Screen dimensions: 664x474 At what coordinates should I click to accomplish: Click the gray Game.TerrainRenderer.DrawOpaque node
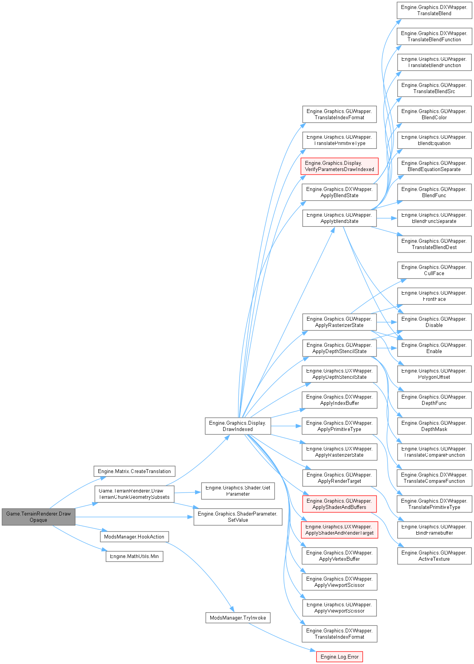(x=38, y=517)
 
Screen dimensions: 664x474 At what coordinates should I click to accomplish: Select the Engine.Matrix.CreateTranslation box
(x=134, y=471)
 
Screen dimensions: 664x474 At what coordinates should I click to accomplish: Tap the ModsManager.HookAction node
(x=134, y=537)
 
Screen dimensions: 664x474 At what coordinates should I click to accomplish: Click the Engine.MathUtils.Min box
(x=134, y=556)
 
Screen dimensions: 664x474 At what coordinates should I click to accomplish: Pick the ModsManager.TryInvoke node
(x=238, y=618)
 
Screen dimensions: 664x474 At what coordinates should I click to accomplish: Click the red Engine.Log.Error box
(x=339, y=657)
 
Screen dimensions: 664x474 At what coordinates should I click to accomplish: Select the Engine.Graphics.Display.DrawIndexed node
(x=238, y=426)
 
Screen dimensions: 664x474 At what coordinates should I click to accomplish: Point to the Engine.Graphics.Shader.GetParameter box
(x=238, y=491)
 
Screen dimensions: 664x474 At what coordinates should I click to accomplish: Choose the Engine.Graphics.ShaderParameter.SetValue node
(x=238, y=517)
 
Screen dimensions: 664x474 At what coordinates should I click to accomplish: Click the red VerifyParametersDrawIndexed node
(x=339, y=166)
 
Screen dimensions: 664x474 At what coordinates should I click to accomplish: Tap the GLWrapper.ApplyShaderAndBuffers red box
(x=339, y=504)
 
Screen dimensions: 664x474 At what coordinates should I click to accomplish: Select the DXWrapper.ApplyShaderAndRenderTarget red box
(x=339, y=530)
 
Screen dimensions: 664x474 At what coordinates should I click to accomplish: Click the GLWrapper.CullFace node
(x=434, y=270)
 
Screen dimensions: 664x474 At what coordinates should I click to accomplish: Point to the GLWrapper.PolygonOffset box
(x=434, y=374)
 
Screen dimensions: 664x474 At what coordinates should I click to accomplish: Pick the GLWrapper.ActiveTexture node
(x=434, y=556)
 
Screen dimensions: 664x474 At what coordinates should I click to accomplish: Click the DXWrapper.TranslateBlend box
(x=434, y=10)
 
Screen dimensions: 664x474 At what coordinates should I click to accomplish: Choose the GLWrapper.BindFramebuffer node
(x=434, y=530)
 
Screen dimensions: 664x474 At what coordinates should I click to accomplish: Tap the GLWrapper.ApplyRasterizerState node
(x=339, y=322)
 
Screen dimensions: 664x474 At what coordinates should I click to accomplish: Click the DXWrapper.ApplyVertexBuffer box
(x=339, y=556)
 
